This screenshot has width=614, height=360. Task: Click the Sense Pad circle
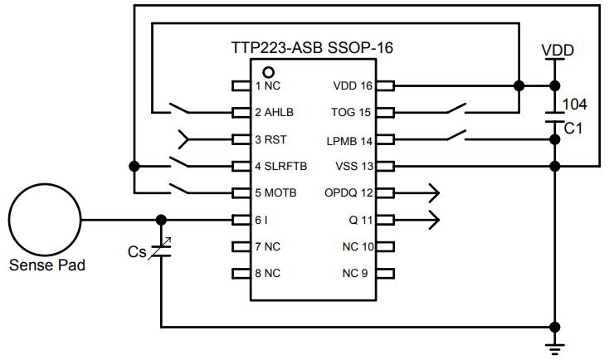pos(45,220)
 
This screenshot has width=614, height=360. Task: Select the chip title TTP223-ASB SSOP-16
pos(312,48)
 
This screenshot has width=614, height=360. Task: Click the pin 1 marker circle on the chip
pos(268,71)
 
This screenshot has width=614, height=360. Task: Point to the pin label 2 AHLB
pos(275,112)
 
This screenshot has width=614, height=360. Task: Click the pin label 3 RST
pos(271,139)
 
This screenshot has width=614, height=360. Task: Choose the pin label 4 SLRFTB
pos(280,166)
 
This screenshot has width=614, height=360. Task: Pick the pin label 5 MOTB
pos(275,193)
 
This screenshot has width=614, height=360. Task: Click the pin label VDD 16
pos(353,85)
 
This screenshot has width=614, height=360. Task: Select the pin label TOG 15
pos(353,112)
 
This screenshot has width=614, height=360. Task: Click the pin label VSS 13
pos(353,166)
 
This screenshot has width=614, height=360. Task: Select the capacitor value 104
pos(576,105)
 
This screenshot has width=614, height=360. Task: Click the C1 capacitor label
pos(573,129)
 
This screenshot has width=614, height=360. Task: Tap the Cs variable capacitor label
pos(138,250)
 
